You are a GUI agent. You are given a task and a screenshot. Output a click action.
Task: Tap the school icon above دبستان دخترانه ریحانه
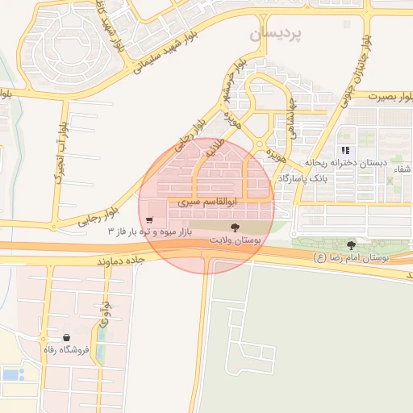[x=346, y=151]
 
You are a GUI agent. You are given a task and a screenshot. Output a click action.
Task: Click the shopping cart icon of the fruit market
[x=150, y=220]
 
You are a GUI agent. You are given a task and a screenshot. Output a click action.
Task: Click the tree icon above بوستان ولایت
[x=235, y=228]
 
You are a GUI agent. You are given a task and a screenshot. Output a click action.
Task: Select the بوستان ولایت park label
[x=233, y=241]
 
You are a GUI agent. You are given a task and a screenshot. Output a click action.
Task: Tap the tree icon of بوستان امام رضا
[x=351, y=245]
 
